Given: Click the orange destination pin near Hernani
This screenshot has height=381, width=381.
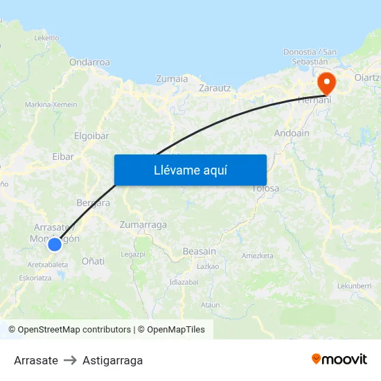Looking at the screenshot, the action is tap(326, 83).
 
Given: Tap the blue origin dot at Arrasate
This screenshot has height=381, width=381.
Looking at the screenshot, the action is tap(55, 244).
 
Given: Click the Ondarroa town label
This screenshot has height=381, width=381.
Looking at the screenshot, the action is tap(89, 62).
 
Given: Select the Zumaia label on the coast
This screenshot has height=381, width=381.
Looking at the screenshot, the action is tap(172, 78).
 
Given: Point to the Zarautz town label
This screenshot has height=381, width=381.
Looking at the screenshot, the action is tap(215, 88).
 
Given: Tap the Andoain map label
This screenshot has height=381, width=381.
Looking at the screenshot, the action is tap(292, 132).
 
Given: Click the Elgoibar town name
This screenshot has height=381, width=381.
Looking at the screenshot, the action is tap(91, 136).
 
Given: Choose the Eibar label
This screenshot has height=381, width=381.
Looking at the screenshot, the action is tap(63, 157).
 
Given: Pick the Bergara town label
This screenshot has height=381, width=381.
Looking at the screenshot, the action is tap(93, 203).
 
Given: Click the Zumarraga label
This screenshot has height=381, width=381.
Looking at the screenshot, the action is tap(143, 225).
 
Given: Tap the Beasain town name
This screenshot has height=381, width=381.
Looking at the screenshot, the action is tap(200, 251).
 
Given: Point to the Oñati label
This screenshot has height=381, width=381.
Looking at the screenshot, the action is tap(94, 261).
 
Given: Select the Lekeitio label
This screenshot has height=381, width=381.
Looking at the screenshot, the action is tap(46, 37).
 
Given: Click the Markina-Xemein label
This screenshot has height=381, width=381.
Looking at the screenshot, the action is tap(51, 104).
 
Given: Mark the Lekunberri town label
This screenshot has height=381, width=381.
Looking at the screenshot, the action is tap(355, 285).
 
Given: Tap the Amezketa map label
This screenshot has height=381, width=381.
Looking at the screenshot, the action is tap(258, 256).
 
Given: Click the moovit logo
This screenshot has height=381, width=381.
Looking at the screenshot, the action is tap(339, 360).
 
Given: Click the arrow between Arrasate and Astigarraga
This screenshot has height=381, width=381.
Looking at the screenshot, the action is tap(70, 360).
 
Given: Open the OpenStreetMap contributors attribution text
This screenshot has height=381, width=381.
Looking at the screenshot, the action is tap(74, 330).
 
